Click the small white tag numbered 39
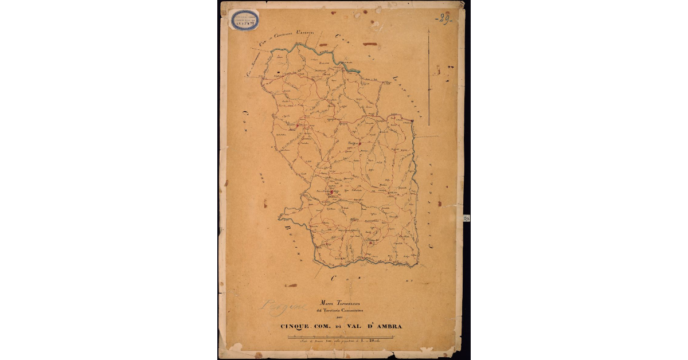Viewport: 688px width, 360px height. tap(466, 218)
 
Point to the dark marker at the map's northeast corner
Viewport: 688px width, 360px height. tap(412, 120)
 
